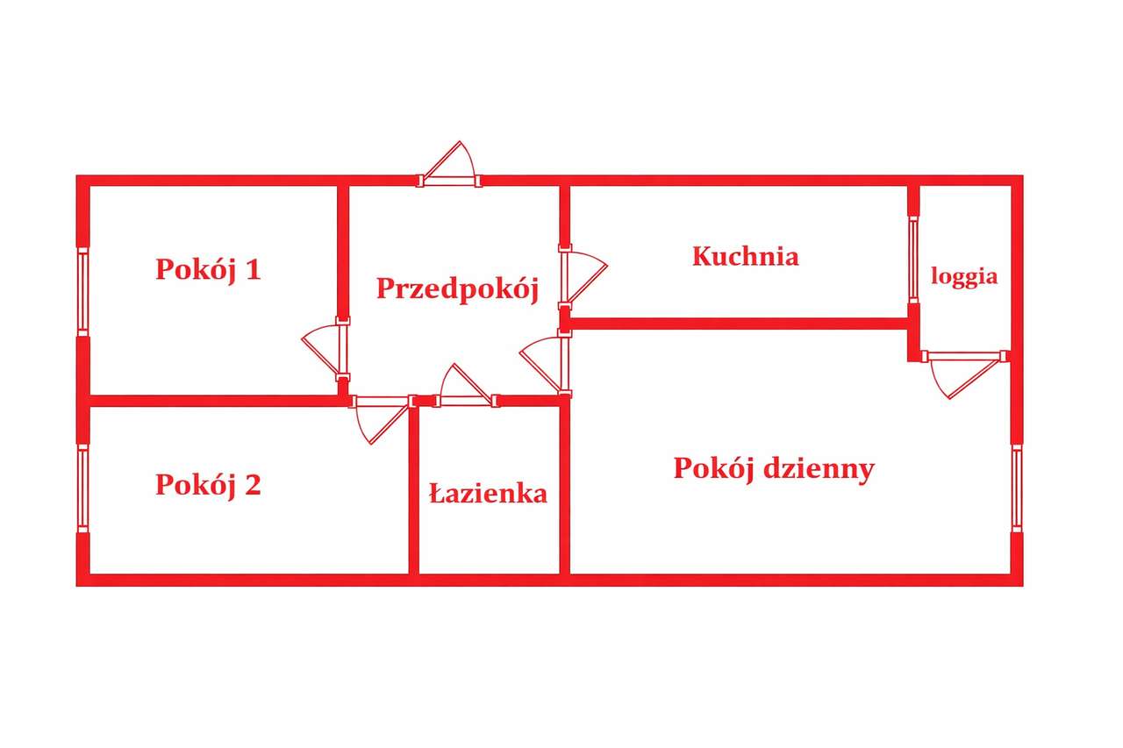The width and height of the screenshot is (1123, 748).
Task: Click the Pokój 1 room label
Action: tap(208, 269)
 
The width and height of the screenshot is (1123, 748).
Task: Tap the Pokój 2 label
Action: tap(208, 484)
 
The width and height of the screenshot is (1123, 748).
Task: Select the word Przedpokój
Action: tap(456, 289)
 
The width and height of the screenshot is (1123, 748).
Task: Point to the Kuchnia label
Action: tap(745, 256)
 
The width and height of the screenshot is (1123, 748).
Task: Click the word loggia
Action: tap(964, 276)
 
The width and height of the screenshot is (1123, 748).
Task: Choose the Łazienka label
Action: tap(488, 494)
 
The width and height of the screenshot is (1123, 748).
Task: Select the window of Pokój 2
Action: tap(83, 488)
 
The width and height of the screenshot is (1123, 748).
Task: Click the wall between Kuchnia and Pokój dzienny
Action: tap(737, 324)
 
